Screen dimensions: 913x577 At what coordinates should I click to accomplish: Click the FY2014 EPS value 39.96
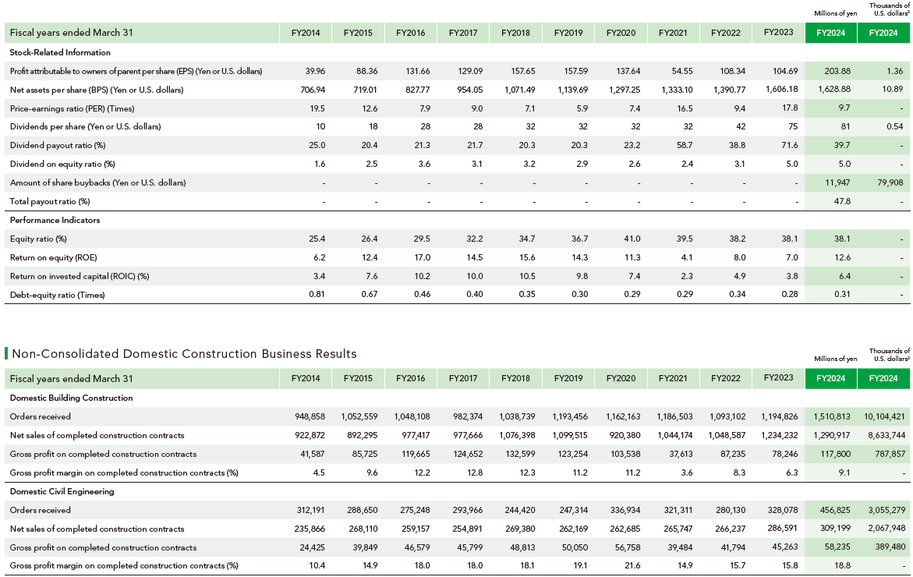click(315, 71)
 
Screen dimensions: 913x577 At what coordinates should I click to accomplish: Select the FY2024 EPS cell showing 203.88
click(837, 71)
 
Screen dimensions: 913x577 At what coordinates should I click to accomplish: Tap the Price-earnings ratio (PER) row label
click(73, 108)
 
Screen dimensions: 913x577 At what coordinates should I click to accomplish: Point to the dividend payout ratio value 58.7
click(685, 145)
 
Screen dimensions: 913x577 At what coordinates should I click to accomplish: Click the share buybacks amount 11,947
click(837, 182)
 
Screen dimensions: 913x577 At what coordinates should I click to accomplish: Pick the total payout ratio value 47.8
click(842, 201)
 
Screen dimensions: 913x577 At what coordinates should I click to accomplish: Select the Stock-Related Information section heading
click(60, 52)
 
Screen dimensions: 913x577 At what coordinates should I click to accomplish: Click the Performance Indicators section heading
click(55, 220)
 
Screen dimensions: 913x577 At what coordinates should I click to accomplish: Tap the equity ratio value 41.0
click(632, 239)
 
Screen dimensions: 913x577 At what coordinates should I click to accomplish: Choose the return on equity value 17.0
click(422, 257)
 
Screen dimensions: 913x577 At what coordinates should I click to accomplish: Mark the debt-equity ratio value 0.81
click(317, 295)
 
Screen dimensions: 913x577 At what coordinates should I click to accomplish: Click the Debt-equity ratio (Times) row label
click(57, 295)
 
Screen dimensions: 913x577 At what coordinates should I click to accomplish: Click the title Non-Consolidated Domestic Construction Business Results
click(184, 354)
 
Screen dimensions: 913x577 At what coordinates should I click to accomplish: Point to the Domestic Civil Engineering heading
click(62, 491)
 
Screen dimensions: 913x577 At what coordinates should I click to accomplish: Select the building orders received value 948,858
click(310, 417)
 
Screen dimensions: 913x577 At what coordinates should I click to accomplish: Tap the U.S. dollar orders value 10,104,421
click(884, 417)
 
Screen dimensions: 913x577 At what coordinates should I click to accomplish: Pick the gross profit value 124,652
click(468, 454)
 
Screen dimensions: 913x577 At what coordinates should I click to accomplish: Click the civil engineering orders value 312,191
click(311, 510)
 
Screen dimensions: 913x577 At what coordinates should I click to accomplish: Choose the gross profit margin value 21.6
click(632, 565)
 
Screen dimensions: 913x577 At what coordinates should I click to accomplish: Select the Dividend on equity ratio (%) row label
click(62, 165)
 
